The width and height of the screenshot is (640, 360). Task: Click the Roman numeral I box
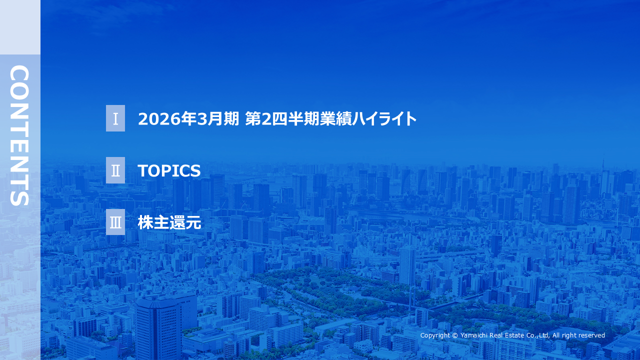[115, 118]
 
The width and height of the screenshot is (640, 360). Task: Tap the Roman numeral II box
[115, 170]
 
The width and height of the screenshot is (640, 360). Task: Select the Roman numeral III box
[115, 222]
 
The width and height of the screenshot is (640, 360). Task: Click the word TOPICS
[169, 171]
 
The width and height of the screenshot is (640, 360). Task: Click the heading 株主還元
[169, 223]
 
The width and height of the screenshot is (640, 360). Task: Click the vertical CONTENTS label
[20, 135]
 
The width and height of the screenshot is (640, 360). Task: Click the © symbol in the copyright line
[454, 335]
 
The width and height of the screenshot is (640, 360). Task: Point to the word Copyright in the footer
[435, 335]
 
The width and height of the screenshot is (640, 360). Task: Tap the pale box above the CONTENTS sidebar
[20, 27]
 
